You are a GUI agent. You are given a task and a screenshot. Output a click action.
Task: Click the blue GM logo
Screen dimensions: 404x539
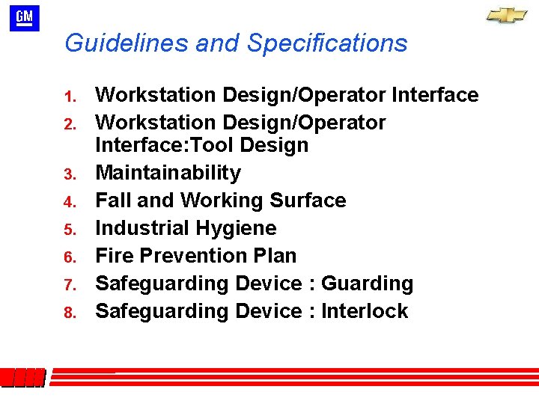point(24,19)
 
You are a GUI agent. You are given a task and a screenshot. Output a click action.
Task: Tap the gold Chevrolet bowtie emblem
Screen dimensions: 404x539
point(506,16)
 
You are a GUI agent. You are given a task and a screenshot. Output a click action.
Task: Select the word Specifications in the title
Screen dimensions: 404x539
point(327,43)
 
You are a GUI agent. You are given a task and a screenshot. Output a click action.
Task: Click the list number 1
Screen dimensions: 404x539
point(71,97)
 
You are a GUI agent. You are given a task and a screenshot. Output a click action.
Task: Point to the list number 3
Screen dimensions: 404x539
point(71,175)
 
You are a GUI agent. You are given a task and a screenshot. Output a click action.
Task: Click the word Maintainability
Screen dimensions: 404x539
point(168,174)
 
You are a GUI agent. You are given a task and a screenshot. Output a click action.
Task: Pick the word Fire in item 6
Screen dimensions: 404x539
point(114,256)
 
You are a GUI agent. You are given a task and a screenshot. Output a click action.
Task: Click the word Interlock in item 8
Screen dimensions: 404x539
point(365,311)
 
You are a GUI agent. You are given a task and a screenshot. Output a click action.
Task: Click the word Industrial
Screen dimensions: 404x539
point(141,228)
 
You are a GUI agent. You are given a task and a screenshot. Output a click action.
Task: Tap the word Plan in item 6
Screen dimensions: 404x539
point(274,256)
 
